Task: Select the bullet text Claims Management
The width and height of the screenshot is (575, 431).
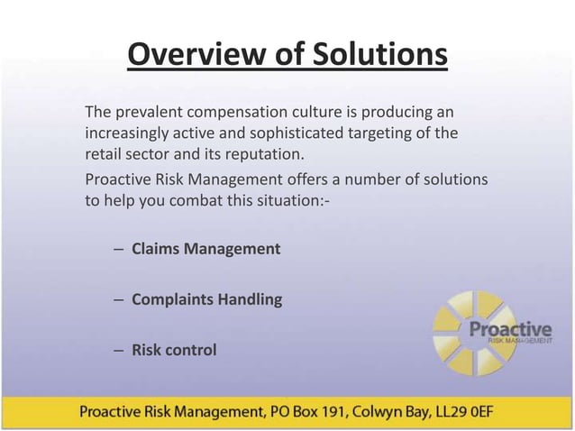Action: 205,249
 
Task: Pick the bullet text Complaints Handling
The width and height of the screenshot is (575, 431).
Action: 206,299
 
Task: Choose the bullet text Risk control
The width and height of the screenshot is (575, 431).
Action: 174,350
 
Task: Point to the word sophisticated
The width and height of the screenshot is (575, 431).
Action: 304,133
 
